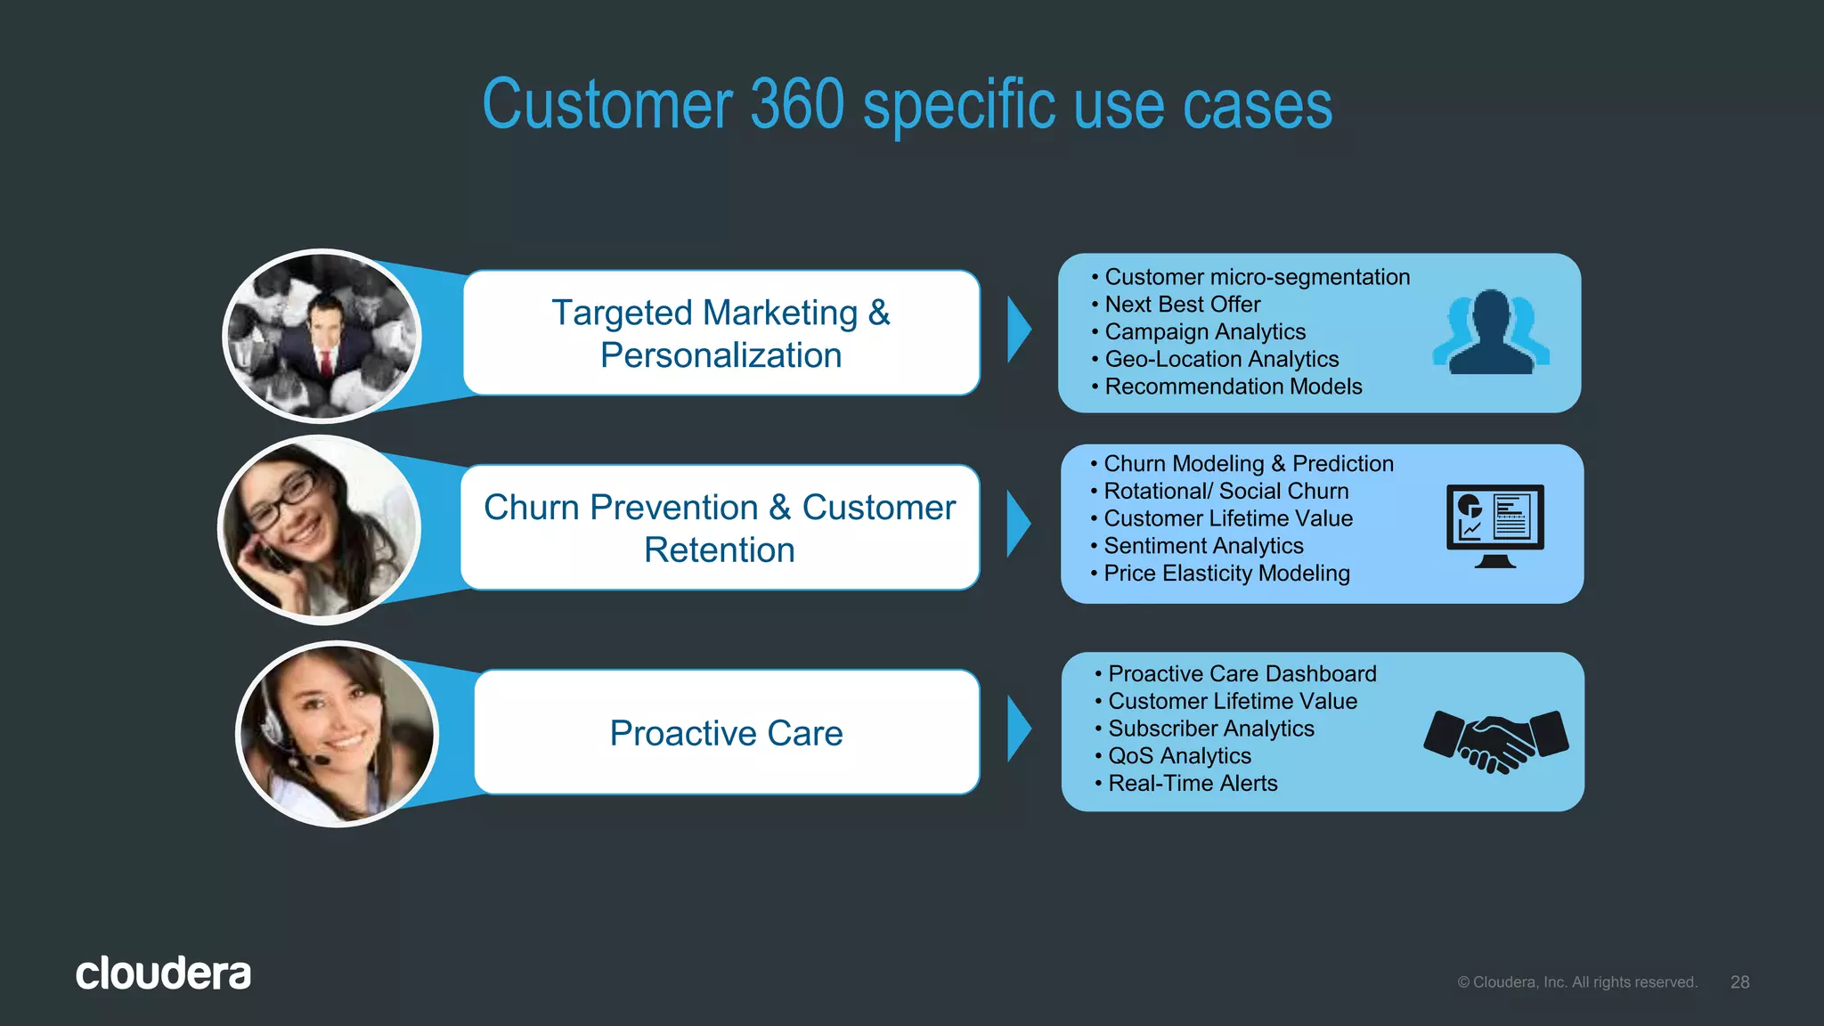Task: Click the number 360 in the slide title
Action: tap(797, 105)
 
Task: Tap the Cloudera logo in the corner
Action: tap(163, 973)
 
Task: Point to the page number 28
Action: tap(1739, 981)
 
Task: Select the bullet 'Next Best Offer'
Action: tap(1182, 305)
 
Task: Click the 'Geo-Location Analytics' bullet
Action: tap(1221, 359)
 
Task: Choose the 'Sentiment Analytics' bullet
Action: tap(1203, 546)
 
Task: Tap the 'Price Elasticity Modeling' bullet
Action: tap(1226, 574)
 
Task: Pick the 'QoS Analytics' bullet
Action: tap(1179, 756)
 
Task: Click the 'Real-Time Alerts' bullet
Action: tap(1193, 784)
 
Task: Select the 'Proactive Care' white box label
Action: tap(726, 733)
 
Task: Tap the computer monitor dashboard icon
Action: tap(1494, 525)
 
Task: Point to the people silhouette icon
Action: tap(1492, 332)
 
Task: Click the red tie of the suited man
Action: tap(326, 363)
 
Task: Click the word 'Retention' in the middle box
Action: tap(719, 550)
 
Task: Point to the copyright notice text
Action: tap(1576, 982)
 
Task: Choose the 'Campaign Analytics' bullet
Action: tap(1204, 332)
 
